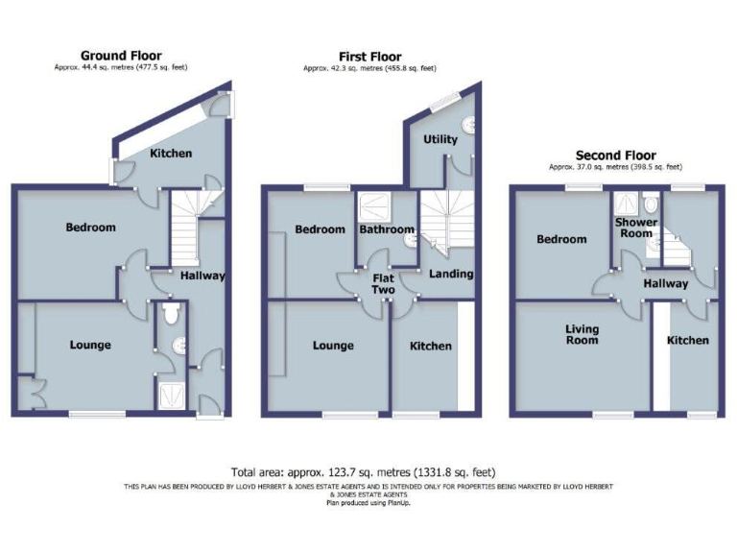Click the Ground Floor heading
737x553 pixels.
121,56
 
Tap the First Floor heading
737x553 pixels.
369,57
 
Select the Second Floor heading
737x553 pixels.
615,155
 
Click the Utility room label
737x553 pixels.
441,139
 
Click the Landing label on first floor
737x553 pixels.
450,274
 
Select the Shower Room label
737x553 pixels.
636,228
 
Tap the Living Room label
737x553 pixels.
582,334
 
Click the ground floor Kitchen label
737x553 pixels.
171,153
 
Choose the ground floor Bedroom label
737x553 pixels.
90,228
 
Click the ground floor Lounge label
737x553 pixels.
89,345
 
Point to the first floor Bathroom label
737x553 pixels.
386,229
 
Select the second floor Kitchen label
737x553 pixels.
688,340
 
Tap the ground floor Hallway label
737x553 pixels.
202,276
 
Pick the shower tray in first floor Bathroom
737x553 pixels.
370,204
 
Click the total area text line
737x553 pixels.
364,471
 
